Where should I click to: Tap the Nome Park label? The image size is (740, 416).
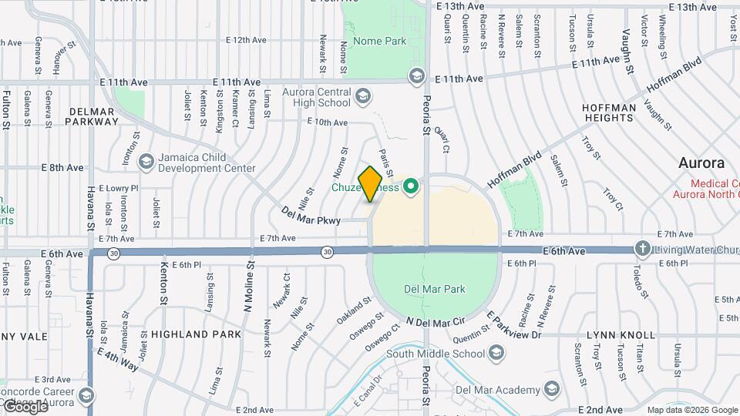373,40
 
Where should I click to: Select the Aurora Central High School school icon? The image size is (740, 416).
363,96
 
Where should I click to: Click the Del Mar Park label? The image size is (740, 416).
435,290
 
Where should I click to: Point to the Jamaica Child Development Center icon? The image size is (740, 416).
146,162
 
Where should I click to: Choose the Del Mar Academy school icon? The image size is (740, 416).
550,391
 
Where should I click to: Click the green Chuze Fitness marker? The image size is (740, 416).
411,186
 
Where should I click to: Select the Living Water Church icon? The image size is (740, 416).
642,249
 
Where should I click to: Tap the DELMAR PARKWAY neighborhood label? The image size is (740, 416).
93,116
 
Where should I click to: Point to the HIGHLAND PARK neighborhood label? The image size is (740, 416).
196,334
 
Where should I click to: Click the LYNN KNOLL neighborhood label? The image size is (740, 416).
621,335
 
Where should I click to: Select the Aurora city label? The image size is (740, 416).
701,163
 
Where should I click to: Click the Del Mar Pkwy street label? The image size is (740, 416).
311,215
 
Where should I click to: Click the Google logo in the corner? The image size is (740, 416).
25,407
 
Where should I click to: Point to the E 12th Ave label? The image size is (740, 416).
245,39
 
